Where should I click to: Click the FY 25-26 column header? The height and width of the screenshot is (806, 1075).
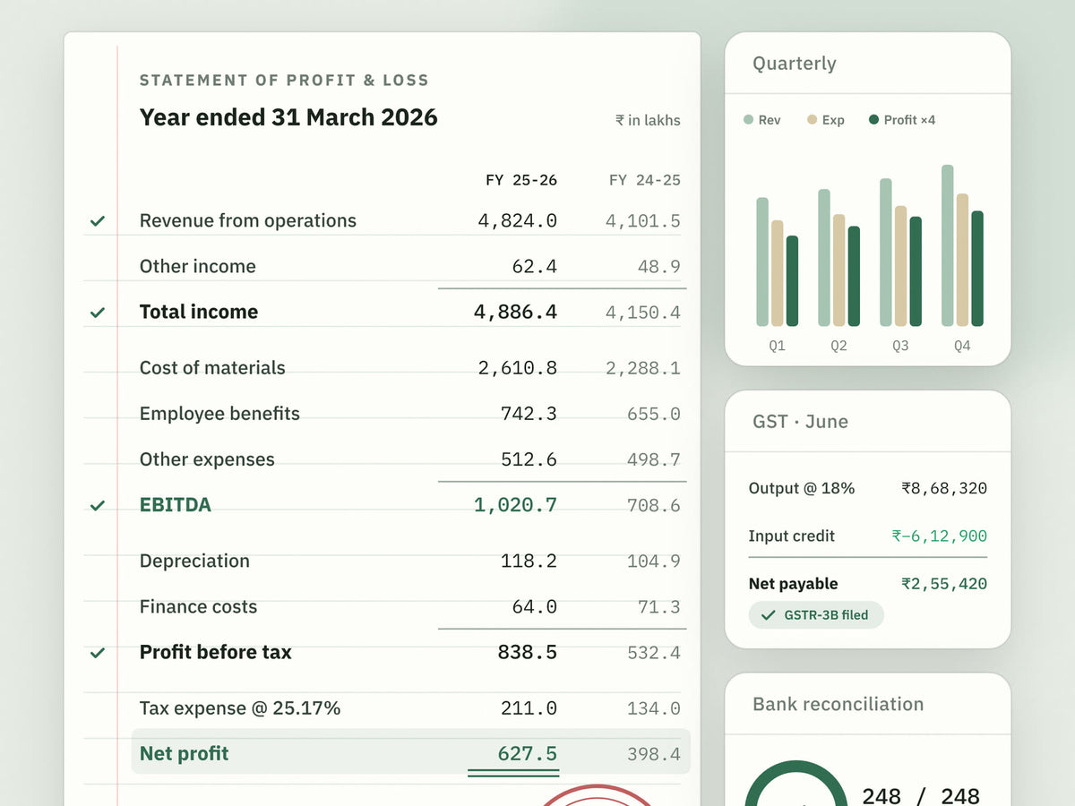tap(521, 180)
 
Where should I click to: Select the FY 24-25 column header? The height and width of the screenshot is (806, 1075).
tap(644, 180)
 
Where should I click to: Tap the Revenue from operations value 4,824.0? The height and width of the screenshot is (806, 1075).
tap(517, 220)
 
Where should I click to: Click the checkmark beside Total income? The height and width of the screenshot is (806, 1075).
tap(98, 313)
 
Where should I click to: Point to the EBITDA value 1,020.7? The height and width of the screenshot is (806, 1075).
tap(515, 505)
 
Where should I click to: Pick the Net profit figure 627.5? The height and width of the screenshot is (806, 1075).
tap(527, 754)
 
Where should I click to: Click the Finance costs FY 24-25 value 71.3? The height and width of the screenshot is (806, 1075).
tap(658, 607)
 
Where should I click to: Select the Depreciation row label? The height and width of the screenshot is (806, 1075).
tap(194, 561)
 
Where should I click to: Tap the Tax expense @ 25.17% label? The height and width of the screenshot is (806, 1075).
tap(240, 708)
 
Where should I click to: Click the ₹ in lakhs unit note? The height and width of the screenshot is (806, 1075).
tap(648, 120)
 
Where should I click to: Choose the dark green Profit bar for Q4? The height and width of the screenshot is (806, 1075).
tap(977, 269)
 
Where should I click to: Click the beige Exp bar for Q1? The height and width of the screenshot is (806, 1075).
tap(778, 273)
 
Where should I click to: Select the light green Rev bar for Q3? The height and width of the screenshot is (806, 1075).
tap(885, 253)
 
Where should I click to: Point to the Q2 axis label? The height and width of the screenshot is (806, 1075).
tap(838, 346)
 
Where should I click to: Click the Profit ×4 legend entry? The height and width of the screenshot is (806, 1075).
tap(902, 120)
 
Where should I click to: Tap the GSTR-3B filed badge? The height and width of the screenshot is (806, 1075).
tap(816, 614)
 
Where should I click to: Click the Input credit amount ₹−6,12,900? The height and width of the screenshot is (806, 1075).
tap(939, 536)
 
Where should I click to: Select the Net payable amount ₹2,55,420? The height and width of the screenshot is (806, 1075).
tap(943, 584)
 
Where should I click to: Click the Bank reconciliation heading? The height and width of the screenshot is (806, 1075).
tap(838, 704)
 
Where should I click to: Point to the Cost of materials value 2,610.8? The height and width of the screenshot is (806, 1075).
tap(517, 368)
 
